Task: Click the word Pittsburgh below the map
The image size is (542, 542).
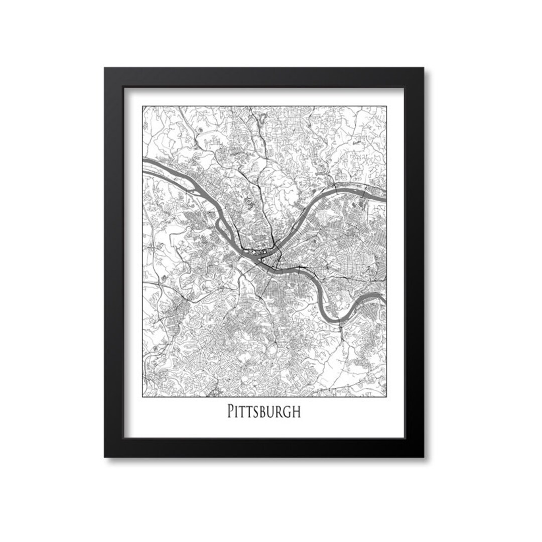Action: click(264, 412)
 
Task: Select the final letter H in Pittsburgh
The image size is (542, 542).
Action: click(296, 412)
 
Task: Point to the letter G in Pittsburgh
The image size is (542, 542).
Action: click(287, 412)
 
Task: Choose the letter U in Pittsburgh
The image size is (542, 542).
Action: click(271, 412)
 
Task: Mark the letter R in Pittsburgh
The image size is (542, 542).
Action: click(279, 412)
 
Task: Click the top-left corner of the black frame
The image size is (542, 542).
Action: click(105, 68)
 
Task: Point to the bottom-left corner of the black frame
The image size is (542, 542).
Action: click(105, 457)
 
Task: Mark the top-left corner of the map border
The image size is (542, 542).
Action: click(143, 106)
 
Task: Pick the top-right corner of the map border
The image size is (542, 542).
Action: click(386, 106)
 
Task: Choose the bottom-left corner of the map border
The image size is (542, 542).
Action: click(143, 396)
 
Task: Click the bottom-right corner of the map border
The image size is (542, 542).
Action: click(386, 396)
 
